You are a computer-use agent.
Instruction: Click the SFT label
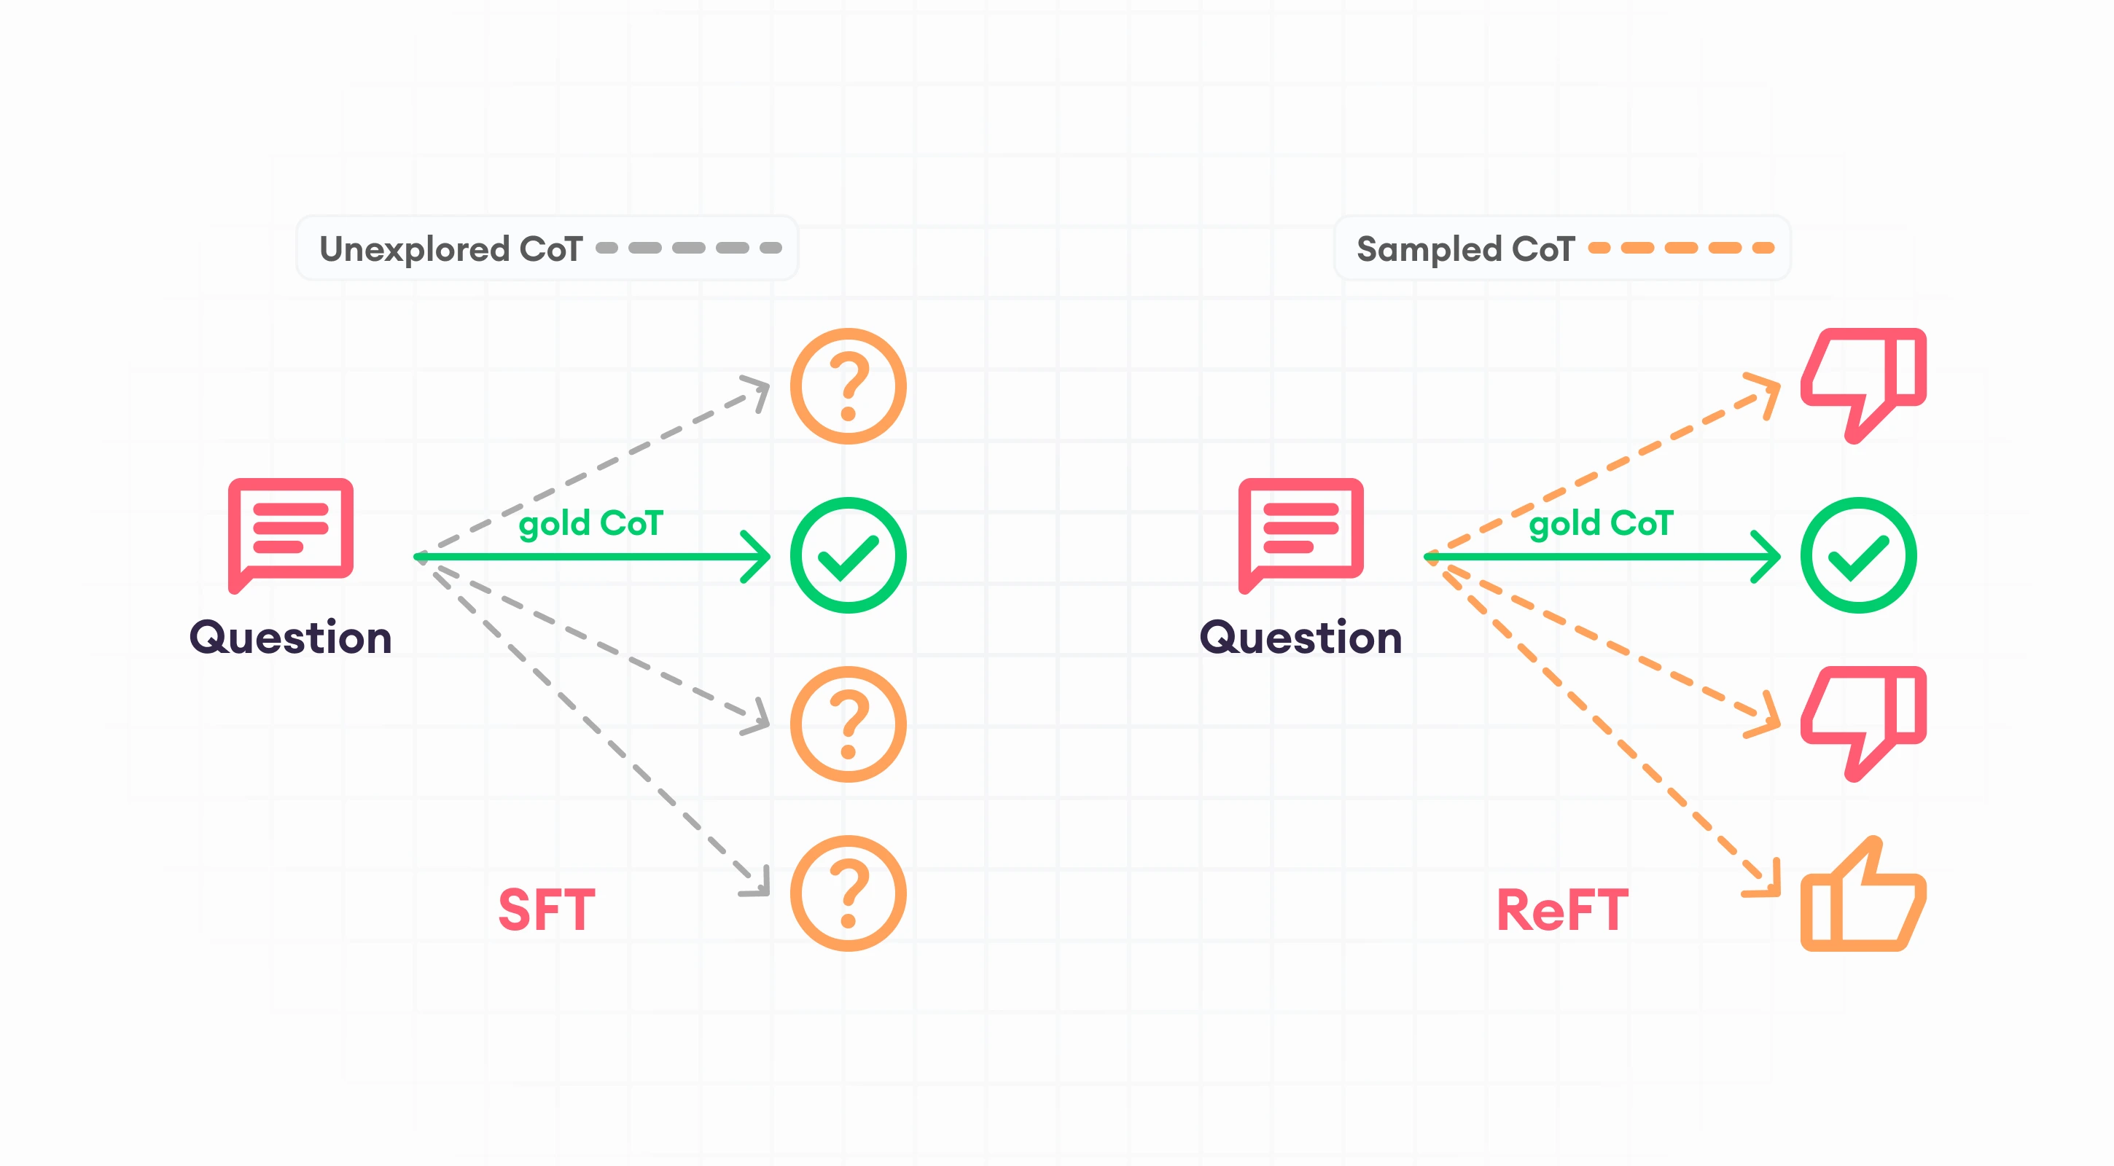pyautogui.click(x=547, y=909)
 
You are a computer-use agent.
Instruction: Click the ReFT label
pyautogui.click(x=1561, y=909)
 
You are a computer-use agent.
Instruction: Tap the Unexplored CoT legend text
pyautogui.click(x=451, y=249)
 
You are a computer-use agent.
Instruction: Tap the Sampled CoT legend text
pyautogui.click(x=1465, y=249)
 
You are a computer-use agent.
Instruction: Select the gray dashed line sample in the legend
pyautogui.click(x=689, y=248)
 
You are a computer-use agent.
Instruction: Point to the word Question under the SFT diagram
pyautogui.click(x=291, y=638)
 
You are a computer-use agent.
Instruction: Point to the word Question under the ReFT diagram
pyautogui.click(x=1300, y=638)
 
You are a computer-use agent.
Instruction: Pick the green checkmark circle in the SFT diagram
pyautogui.click(x=848, y=555)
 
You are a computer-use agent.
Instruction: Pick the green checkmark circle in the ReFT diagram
pyautogui.click(x=1858, y=555)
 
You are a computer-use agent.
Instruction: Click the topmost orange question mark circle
pyautogui.click(x=848, y=386)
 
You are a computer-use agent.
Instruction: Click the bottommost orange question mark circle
pyautogui.click(x=848, y=893)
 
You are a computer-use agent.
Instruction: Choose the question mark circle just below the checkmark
pyautogui.click(x=848, y=724)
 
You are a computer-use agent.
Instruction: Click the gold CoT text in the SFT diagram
pyautogui.click(x=590, y=523)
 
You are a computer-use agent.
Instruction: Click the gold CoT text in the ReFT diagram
pyautogui.click(x=1600, y=523)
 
